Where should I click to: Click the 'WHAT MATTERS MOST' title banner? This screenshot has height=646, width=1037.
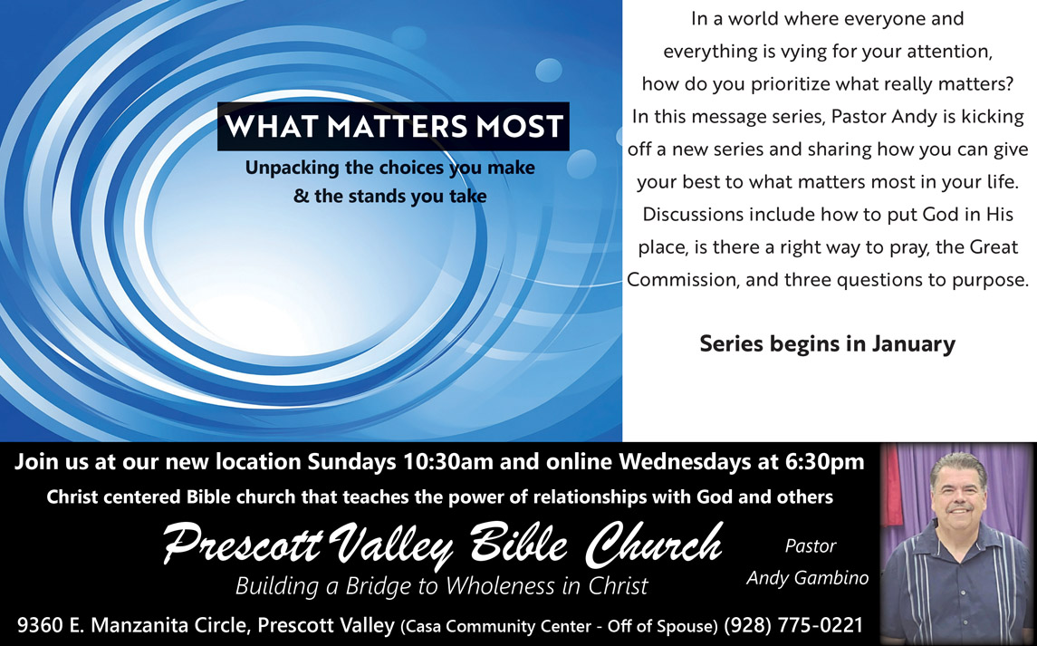[x=393, y=127]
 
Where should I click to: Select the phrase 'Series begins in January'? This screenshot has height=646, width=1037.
[x=828, y=343]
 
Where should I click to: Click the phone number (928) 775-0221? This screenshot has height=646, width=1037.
[x=793, y=625]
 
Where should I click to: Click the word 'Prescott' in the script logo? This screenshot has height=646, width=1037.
[x=242, y=544]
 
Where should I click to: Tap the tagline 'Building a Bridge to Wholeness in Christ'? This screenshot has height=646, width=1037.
[x=442, y=586]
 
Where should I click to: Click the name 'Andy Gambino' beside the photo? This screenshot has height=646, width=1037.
[x=808, y=578]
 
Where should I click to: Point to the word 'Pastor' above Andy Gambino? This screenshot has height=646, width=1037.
[x=811, y=546]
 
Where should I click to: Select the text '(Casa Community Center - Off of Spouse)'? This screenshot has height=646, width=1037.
[x=559, y=626]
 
